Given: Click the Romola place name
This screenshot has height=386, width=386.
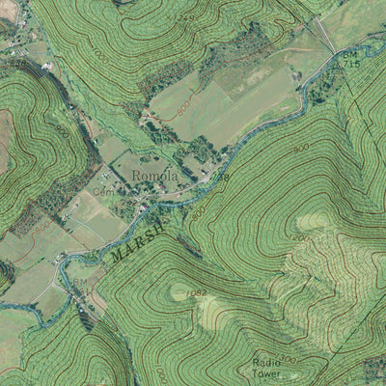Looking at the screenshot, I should tap(154, 177).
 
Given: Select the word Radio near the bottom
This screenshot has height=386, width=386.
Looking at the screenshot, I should tap(267, 360).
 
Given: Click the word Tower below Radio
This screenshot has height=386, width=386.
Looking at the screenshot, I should tap(268, 372).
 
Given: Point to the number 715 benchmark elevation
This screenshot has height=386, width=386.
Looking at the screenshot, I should tap(350, 65).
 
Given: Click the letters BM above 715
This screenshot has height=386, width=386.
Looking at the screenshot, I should tap(349, 55).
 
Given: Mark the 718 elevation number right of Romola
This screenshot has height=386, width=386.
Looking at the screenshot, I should tap(223, 178).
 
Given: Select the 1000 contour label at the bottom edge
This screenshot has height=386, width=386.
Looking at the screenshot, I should tap(159, 372).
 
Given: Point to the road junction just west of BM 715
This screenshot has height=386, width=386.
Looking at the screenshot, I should tap(329, 51).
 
